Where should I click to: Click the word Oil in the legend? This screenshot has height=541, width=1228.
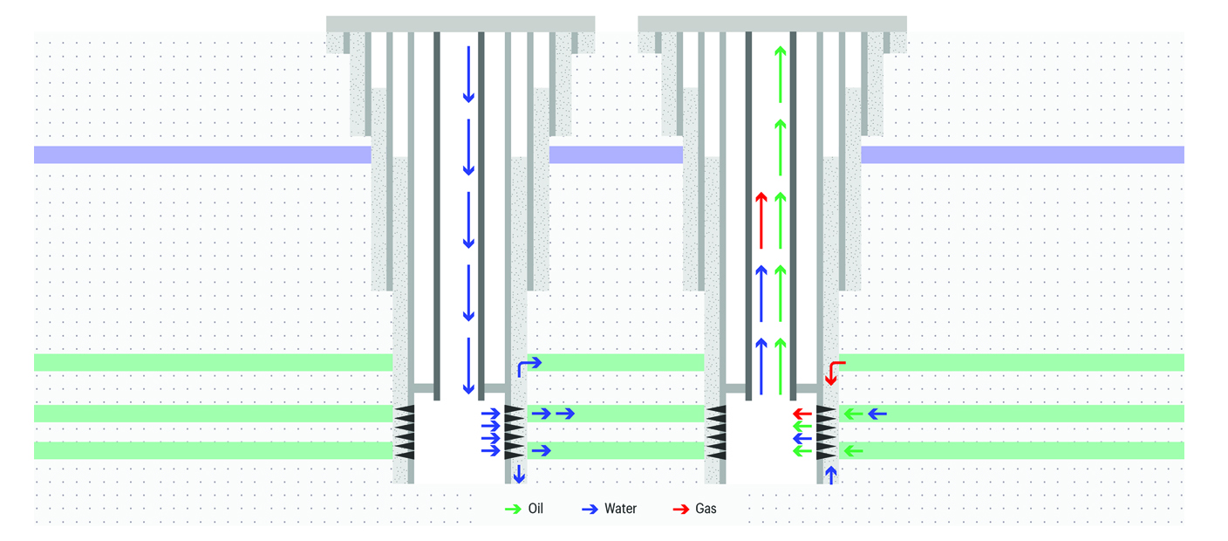(x=536, y=508)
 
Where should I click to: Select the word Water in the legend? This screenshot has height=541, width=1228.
(x=620, y=508)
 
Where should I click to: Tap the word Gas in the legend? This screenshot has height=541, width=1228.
(x=706, y=508)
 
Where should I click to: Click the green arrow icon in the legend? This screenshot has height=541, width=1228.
(x=513, y=508)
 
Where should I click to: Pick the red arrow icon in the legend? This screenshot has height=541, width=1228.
(x=682, y=508)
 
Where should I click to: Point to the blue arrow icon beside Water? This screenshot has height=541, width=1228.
(x=590, y=508)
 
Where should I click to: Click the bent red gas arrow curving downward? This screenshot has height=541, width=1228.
(x=835, y=372)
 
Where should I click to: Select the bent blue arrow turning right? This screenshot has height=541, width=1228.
(x=529, y=365)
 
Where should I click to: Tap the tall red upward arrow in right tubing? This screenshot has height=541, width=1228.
(x=761, y=220)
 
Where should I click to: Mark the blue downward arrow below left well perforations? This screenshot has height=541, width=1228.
(x=519, y=474)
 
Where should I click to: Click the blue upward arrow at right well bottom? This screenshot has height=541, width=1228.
(x=830, y=476)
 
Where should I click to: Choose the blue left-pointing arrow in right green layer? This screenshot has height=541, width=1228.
(x=877, y=413)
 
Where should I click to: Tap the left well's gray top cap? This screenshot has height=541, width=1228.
(x=460, y=24)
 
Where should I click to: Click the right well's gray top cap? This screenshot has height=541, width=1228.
(x=772, y=24)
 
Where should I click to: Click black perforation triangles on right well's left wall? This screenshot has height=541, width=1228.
(x=716, y=432)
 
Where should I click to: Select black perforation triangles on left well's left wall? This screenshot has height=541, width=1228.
(x=404, y=432)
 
